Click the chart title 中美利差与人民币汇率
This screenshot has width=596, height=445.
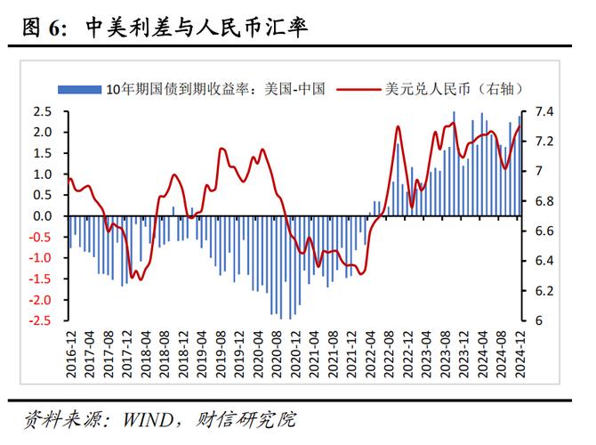[x=197, y=28]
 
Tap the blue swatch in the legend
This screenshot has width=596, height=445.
[x=78, y=88]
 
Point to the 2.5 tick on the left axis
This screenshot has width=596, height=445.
[x=42, y=111]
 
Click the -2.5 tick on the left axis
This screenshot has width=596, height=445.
[x=39, y=320]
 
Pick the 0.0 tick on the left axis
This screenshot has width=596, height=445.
[x=42, y=215]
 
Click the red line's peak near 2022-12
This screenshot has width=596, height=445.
[x=398, y=126]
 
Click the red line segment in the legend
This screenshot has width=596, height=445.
[x=358, y=88]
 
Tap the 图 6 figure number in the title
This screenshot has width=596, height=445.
[x=44, y=28]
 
